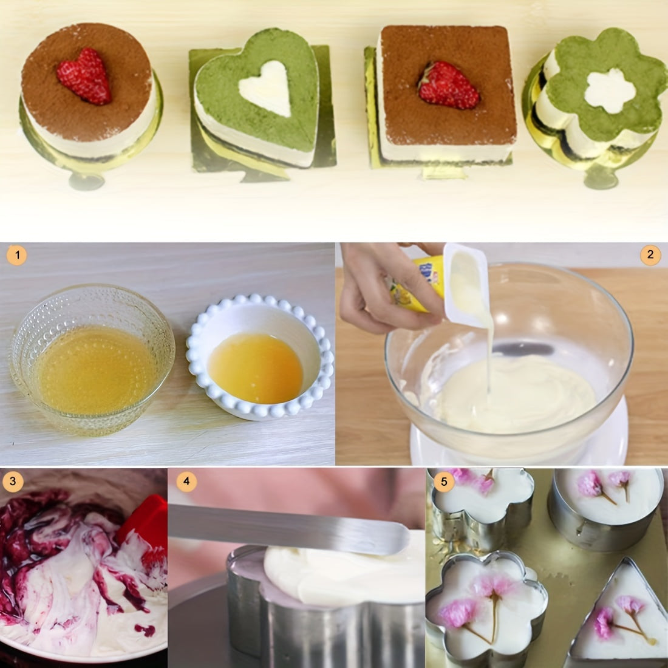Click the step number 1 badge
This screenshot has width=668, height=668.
17,256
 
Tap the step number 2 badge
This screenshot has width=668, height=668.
650,255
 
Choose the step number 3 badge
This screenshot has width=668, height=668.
13,482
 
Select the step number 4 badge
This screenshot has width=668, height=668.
186,482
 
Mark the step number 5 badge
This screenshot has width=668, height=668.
445,482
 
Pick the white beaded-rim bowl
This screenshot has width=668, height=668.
260,361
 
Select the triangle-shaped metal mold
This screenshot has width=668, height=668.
622,613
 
